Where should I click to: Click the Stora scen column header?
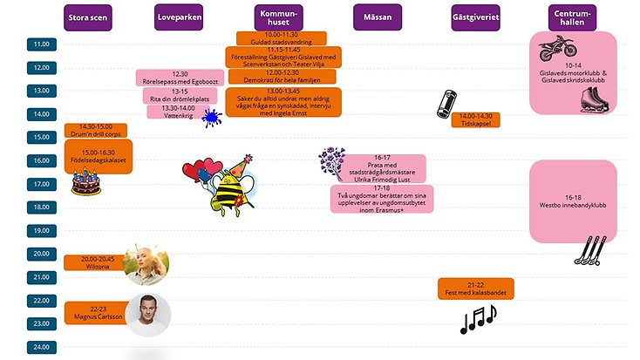90,17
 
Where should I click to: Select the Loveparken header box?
180,17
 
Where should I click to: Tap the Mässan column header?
378,17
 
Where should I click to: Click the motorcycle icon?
560,48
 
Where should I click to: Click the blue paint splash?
210,118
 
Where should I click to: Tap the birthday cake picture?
85,181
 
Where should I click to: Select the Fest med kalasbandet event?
475,289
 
